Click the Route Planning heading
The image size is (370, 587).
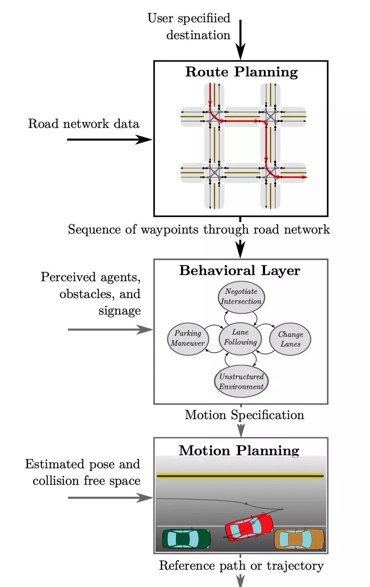tap(242, 72)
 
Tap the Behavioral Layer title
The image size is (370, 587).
tap(240, 271)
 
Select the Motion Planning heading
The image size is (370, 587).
tap(239, 451)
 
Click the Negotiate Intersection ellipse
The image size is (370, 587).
tap(241, 297)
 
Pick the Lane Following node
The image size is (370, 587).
tap(240, 338)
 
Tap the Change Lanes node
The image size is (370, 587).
tap(290, 339)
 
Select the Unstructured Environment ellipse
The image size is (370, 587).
tap(241, 381)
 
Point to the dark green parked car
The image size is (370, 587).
tap(187, 538)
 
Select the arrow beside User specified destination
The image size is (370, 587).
tap(240, 40)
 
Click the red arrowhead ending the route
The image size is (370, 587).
tap(304, 177)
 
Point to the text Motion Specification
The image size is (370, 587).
tap(244, 415)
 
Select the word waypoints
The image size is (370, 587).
tap(170, 230)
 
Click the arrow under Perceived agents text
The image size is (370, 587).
tap(110, 329)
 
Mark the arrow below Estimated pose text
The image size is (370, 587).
tap(110, 498)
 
